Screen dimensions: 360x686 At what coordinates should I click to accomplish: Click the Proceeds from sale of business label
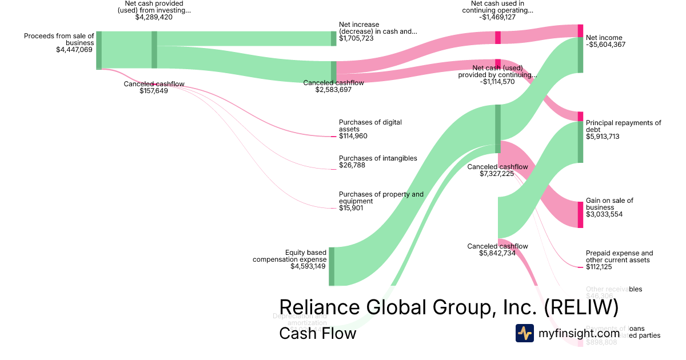pos(58,39)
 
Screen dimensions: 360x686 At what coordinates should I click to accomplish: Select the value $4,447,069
pos(74,50)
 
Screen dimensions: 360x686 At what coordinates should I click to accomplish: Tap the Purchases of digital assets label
pos(370,126)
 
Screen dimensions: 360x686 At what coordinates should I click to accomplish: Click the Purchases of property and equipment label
pos(381,198)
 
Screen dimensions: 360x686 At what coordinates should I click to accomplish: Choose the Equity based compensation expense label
pos(290,255)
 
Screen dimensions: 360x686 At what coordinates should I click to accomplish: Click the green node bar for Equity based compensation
pos(332,266)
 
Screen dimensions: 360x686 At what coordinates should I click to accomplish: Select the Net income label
pos(604,38)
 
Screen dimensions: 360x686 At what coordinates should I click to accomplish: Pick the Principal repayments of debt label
pos(623,126)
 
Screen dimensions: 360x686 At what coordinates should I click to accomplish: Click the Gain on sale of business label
pos(609,204)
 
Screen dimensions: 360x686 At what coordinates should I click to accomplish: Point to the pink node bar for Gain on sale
pos(580,214)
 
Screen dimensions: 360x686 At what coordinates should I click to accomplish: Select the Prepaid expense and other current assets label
pos(619,257)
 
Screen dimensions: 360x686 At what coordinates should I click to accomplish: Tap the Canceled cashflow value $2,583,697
pos(333,90)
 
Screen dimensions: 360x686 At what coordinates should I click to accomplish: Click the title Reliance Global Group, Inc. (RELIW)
pos(449,307)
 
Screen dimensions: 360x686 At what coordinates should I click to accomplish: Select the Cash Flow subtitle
pos(317,333)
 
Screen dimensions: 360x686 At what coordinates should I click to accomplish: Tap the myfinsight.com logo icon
pos(524,333)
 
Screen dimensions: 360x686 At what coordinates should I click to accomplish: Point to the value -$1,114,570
pos(497,82)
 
